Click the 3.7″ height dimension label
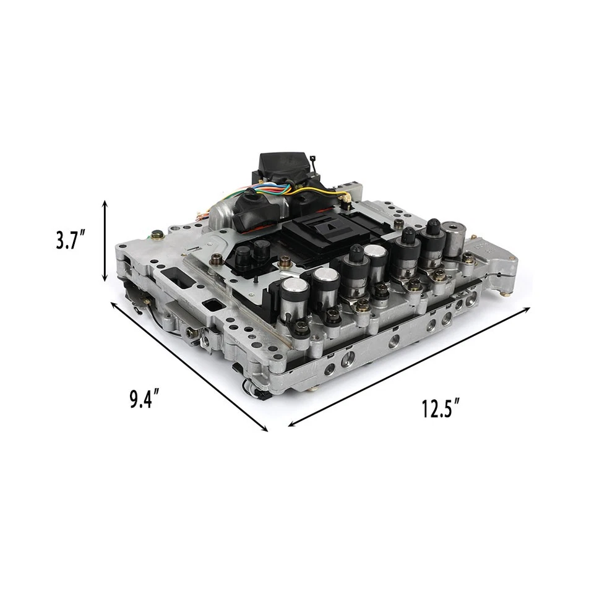(70, 239)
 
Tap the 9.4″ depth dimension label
(149, 399)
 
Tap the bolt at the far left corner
(158, 235)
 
